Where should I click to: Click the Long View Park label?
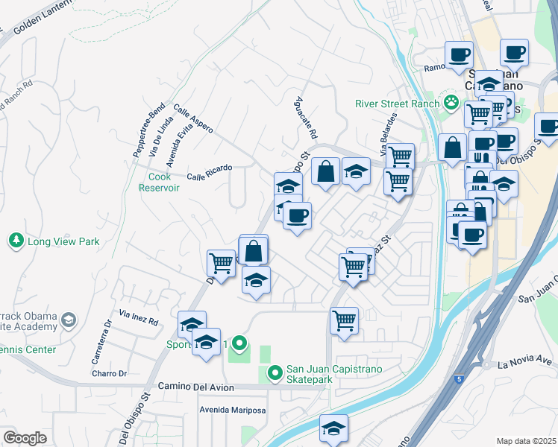[x=63, y=241]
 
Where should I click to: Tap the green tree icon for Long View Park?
[x=16, y=241]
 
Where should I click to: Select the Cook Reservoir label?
[x=159, y=183]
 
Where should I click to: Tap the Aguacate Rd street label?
[x=307, y=118]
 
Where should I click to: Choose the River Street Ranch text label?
[x=397, y=104]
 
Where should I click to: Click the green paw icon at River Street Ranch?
[x=451, y=102]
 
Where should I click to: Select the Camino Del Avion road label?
[x=196, y=387]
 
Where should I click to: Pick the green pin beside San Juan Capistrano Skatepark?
[x=275, y=371]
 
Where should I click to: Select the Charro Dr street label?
[x=110, y=373]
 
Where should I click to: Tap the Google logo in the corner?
[x=25, y=437]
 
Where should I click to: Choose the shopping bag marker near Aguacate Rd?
[x=326, y=172]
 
